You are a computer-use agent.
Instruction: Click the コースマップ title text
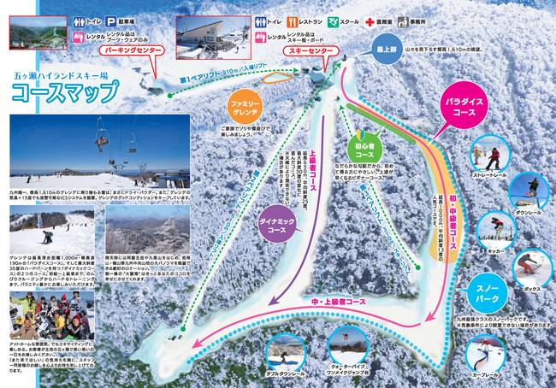pos(81,91)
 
